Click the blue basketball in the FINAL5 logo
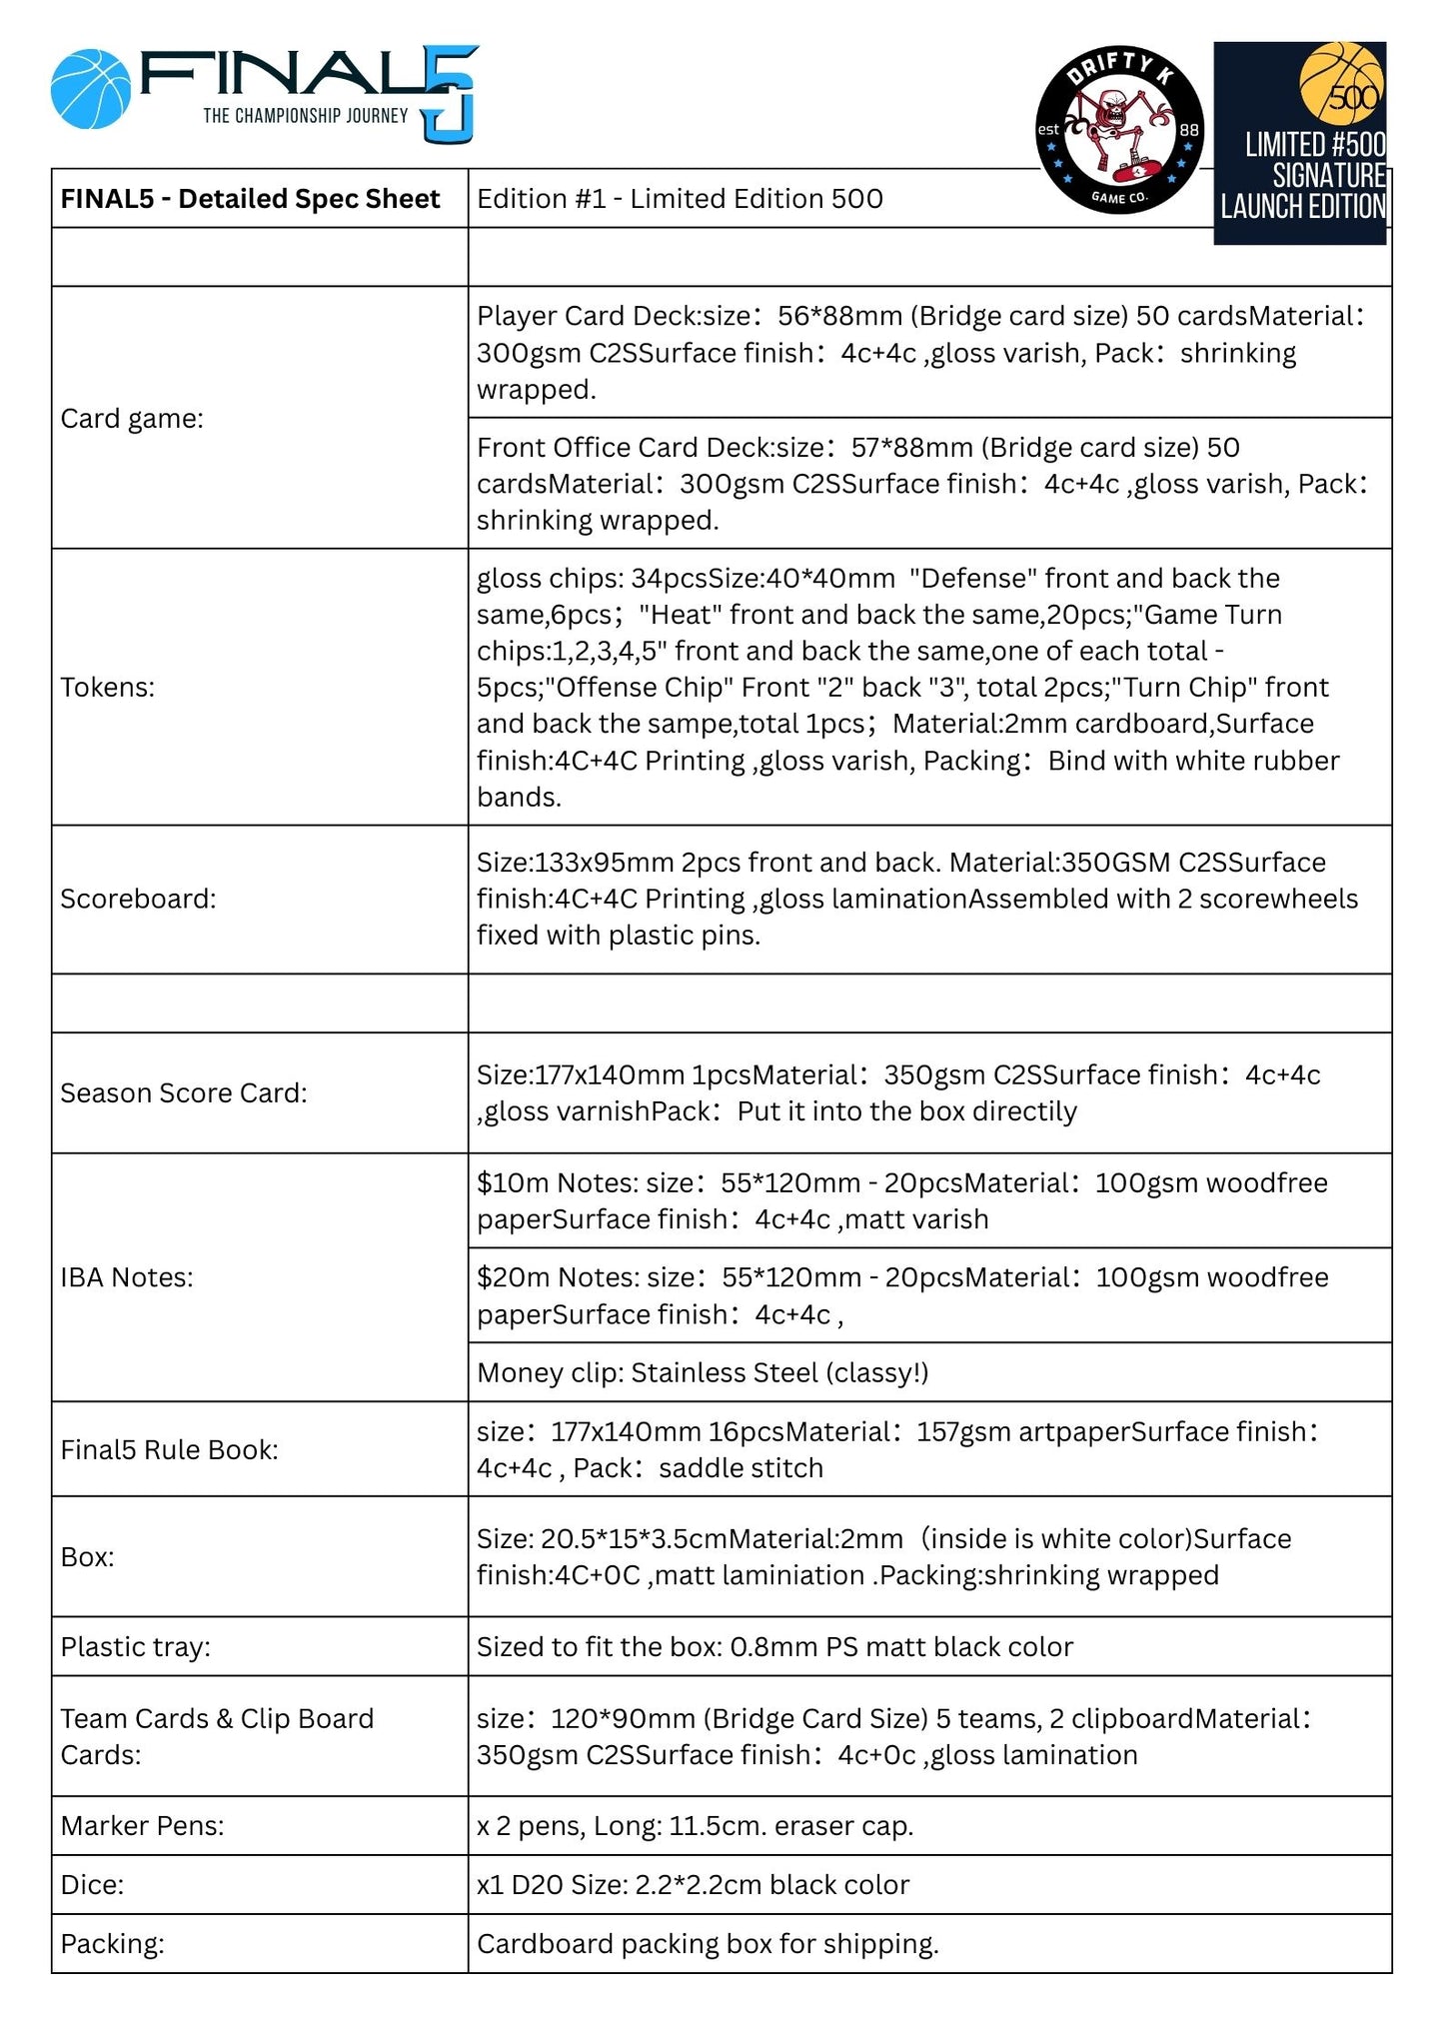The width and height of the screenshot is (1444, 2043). click(x=91, y=90)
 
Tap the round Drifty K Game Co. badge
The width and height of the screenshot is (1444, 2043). click(x=1119, y=130)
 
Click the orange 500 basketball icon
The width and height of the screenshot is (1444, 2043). click(x=1342, y=83)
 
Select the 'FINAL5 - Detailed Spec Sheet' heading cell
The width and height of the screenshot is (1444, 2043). click(x=250, y=199)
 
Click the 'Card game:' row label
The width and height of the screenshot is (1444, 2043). click(x=132, y=418)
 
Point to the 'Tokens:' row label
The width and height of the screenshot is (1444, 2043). click(x=108, y=687)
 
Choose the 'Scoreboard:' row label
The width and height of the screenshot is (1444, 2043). click(x=138, y=899)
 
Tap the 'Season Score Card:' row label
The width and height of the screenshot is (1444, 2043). click(x=184, y=1092)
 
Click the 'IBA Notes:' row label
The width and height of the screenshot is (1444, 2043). click(x=127, y=1276)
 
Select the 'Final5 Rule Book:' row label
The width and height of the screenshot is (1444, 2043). click(x=169, y=1449)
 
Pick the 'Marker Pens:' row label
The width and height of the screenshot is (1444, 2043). click(x=142, y=1825)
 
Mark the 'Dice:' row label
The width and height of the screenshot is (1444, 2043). click(x=92, y=1884)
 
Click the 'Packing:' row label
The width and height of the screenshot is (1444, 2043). click(x=112, y=1943)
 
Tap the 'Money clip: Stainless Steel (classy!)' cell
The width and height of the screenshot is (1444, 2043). click(x=703, y=1372)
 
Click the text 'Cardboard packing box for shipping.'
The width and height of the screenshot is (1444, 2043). click(x=708, y=1943)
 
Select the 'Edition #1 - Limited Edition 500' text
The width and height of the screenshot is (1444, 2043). click(x=680, y=199)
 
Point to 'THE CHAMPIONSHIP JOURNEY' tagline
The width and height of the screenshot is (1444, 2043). click(x=306, y=116)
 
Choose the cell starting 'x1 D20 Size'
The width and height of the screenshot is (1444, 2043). click(x=693, y=1884)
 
